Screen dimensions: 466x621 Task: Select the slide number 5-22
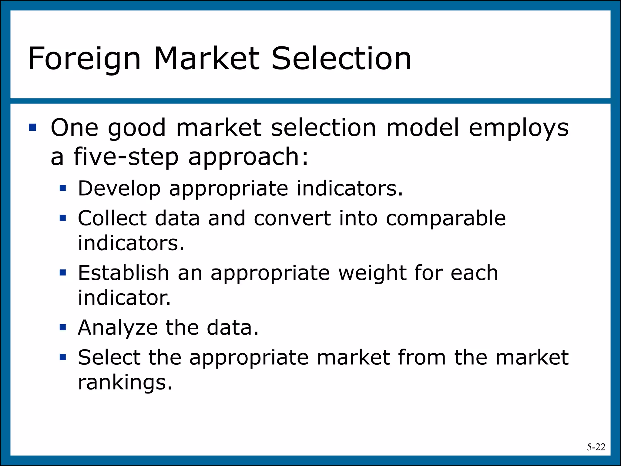[x=596, y=447]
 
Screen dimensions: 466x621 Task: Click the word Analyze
[x=118, y=328]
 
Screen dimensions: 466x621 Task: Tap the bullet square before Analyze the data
[x=63, y=327]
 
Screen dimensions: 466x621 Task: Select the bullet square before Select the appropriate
[x=63, y=357]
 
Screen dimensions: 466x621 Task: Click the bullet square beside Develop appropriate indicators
[x=63, y=188]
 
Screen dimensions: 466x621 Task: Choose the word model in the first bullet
[x=422, y=127]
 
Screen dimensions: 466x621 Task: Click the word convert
[x=292, y=218]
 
